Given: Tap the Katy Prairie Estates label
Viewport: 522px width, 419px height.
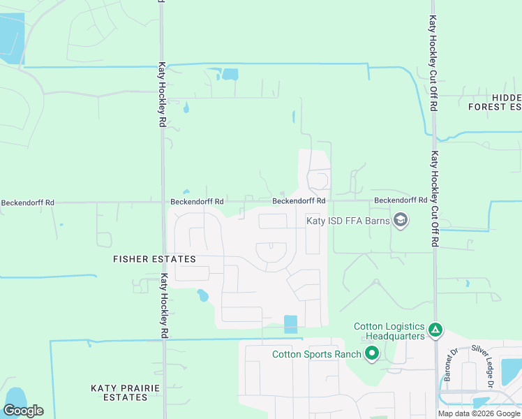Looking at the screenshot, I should [119, 392].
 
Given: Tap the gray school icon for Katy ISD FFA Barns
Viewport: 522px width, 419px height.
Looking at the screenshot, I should [401, 221].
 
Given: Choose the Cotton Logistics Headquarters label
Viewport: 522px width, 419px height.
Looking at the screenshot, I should [389, 331].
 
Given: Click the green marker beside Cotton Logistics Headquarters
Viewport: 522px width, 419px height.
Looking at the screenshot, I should [435, 329].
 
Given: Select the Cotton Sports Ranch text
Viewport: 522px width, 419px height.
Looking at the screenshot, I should [316, 354].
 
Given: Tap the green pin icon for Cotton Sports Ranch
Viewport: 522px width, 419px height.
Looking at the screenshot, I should [372, 354].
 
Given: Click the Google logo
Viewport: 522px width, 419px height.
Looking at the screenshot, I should [23, 411].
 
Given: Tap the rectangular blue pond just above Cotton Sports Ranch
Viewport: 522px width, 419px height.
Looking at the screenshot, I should [290, 324].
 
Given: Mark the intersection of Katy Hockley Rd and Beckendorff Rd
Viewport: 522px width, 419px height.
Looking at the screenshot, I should [163, 203].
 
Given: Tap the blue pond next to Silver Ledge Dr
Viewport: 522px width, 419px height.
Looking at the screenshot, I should [511, 371].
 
